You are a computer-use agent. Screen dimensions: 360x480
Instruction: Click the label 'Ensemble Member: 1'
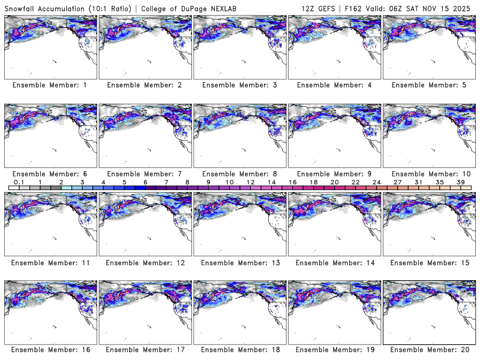click(x=50, y=85)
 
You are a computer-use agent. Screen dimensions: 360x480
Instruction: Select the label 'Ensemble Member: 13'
click(x=239, y=262)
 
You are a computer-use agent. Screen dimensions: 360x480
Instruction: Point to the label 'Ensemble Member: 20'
click(x=428, y=350)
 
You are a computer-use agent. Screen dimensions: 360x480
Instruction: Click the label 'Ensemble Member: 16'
click(x=50, y=350)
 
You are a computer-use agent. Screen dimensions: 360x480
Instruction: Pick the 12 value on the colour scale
click(x=250, y=182)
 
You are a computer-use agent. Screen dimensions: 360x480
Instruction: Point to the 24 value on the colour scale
click(x=376, y=182)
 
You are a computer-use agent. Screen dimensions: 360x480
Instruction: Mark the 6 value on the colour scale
click(x=145, y=182)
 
